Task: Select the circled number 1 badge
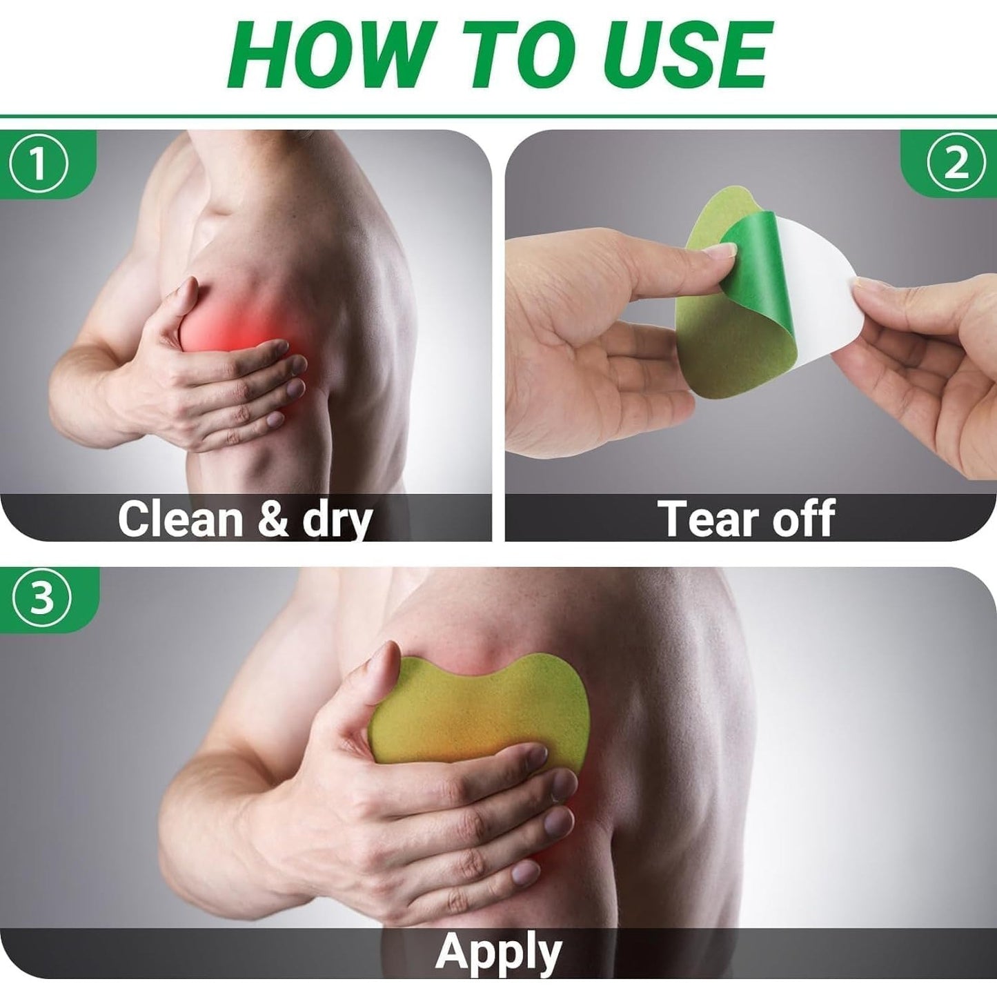pos(39,164)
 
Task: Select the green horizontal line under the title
pos(498,117)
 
